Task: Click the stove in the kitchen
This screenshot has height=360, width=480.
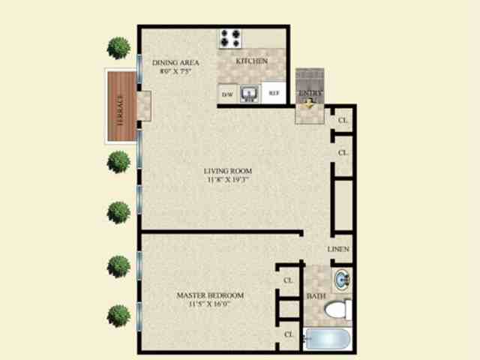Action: pos(230,37)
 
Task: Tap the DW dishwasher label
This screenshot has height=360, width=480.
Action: pos(227,94)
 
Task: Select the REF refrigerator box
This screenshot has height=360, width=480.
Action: pos(274,94)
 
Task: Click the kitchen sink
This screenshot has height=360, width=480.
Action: pos(250,93)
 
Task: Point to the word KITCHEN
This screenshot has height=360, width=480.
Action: pos(251,61)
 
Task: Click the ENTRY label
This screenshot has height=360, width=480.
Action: pos(310,94)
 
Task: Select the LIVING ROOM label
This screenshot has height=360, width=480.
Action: pos(226,170)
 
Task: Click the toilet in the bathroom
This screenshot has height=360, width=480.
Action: pos(340,308)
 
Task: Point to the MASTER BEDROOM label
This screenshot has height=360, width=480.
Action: pos(210,295)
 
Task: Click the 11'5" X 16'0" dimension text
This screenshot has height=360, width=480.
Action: pos(210,305)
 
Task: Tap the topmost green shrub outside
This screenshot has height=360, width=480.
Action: pos(118,47)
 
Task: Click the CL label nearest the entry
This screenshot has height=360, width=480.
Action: pos(343,120)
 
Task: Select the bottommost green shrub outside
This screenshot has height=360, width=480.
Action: pos(118,315)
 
